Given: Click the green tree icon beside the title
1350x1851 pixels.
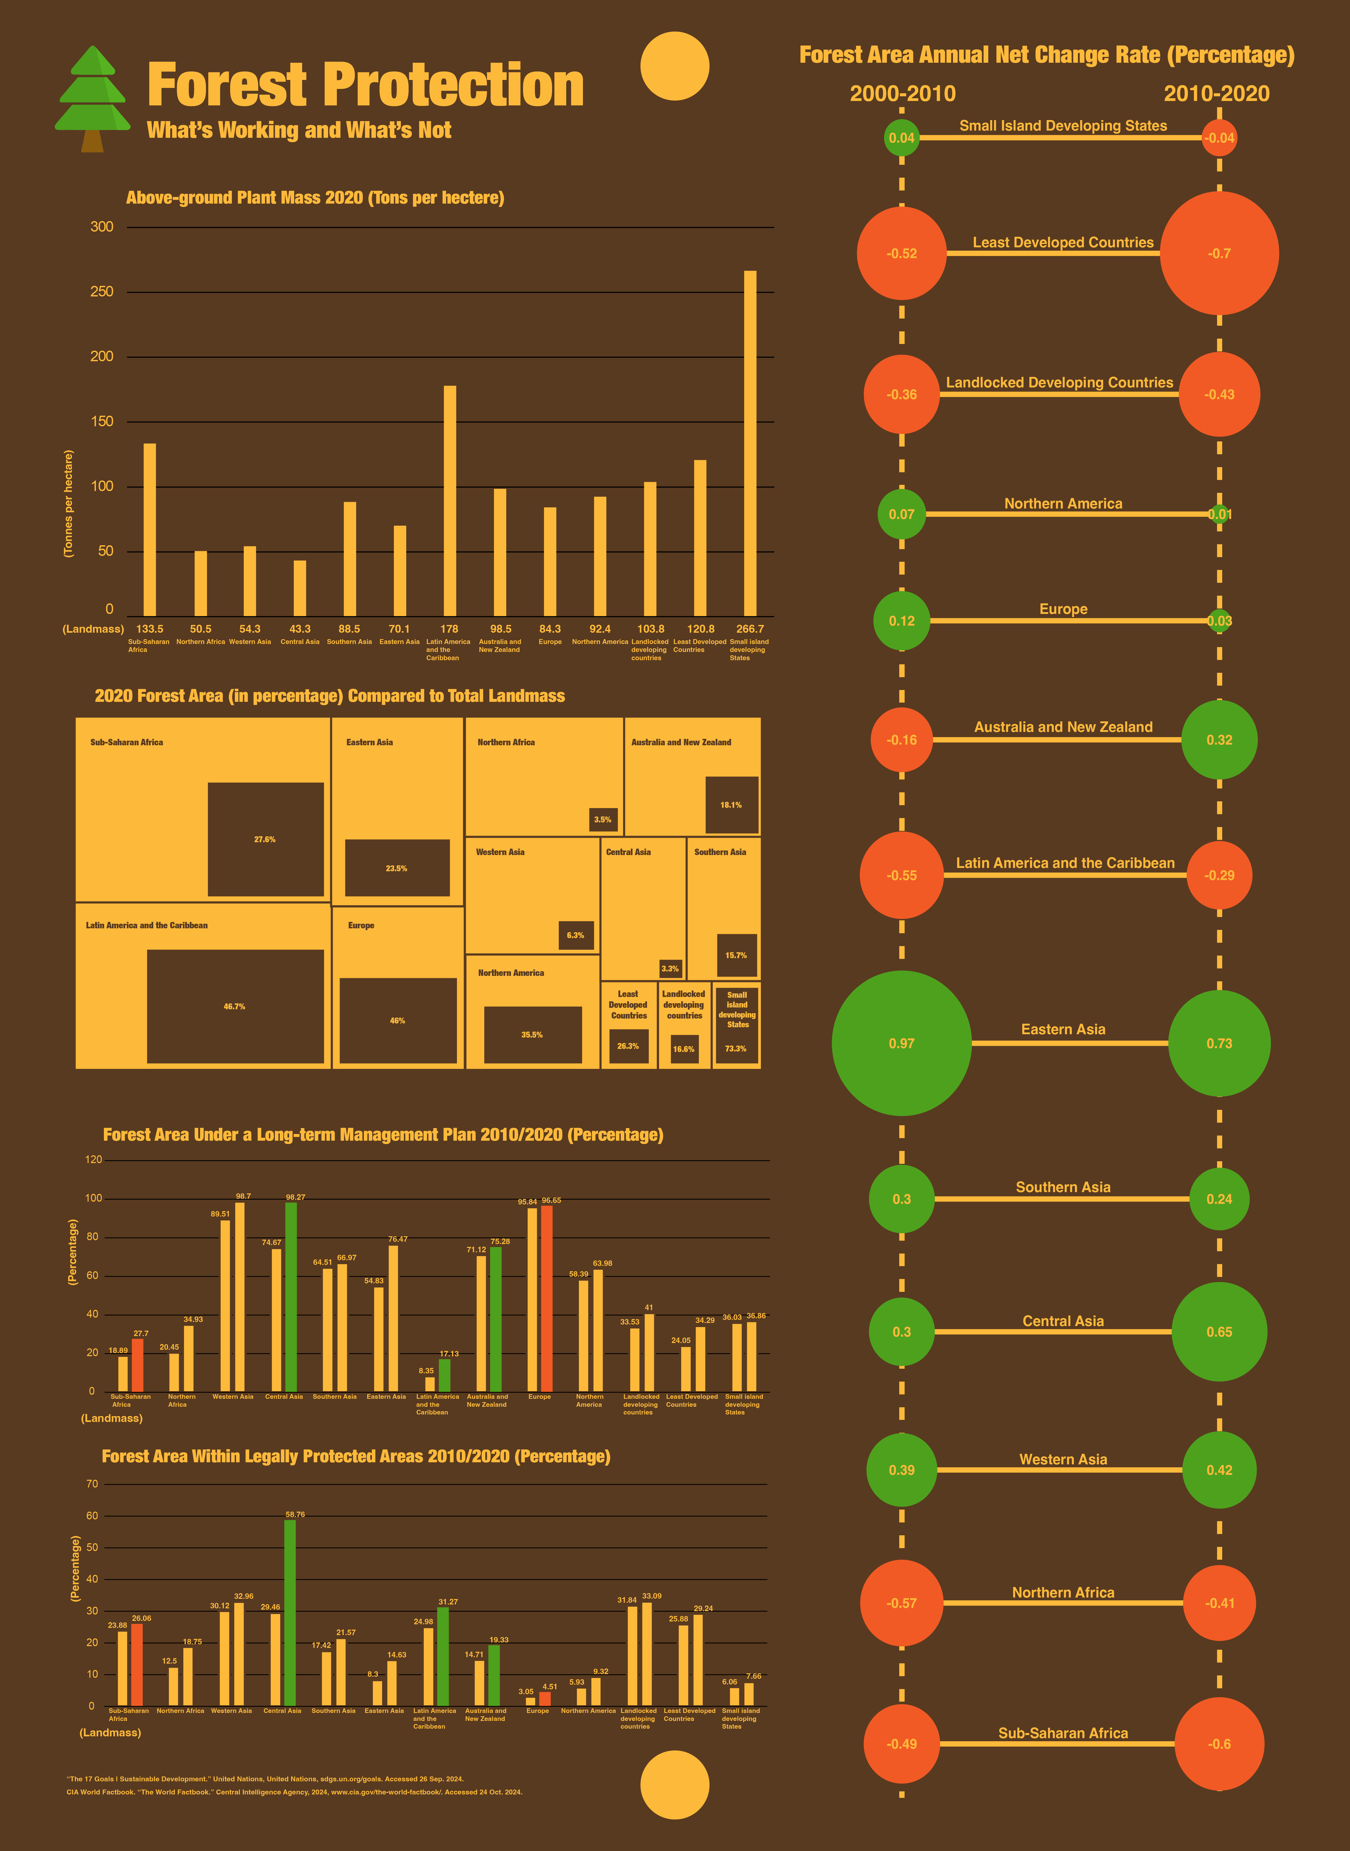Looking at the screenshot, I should coord(92,98).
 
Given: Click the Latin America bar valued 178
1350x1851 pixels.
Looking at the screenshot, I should coord(449,500).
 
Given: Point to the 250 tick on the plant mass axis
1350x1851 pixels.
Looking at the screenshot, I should coord(102,292).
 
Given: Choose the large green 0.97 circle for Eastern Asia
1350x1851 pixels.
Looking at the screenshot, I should coord(901,1043).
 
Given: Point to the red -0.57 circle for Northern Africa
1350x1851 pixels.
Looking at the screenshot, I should coord(901,1603).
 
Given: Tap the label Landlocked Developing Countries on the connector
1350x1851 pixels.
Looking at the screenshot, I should coord(1059,382).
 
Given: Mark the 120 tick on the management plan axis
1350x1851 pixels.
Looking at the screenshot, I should coord(95,1160).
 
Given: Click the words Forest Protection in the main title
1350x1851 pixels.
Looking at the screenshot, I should coord(365,85).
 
